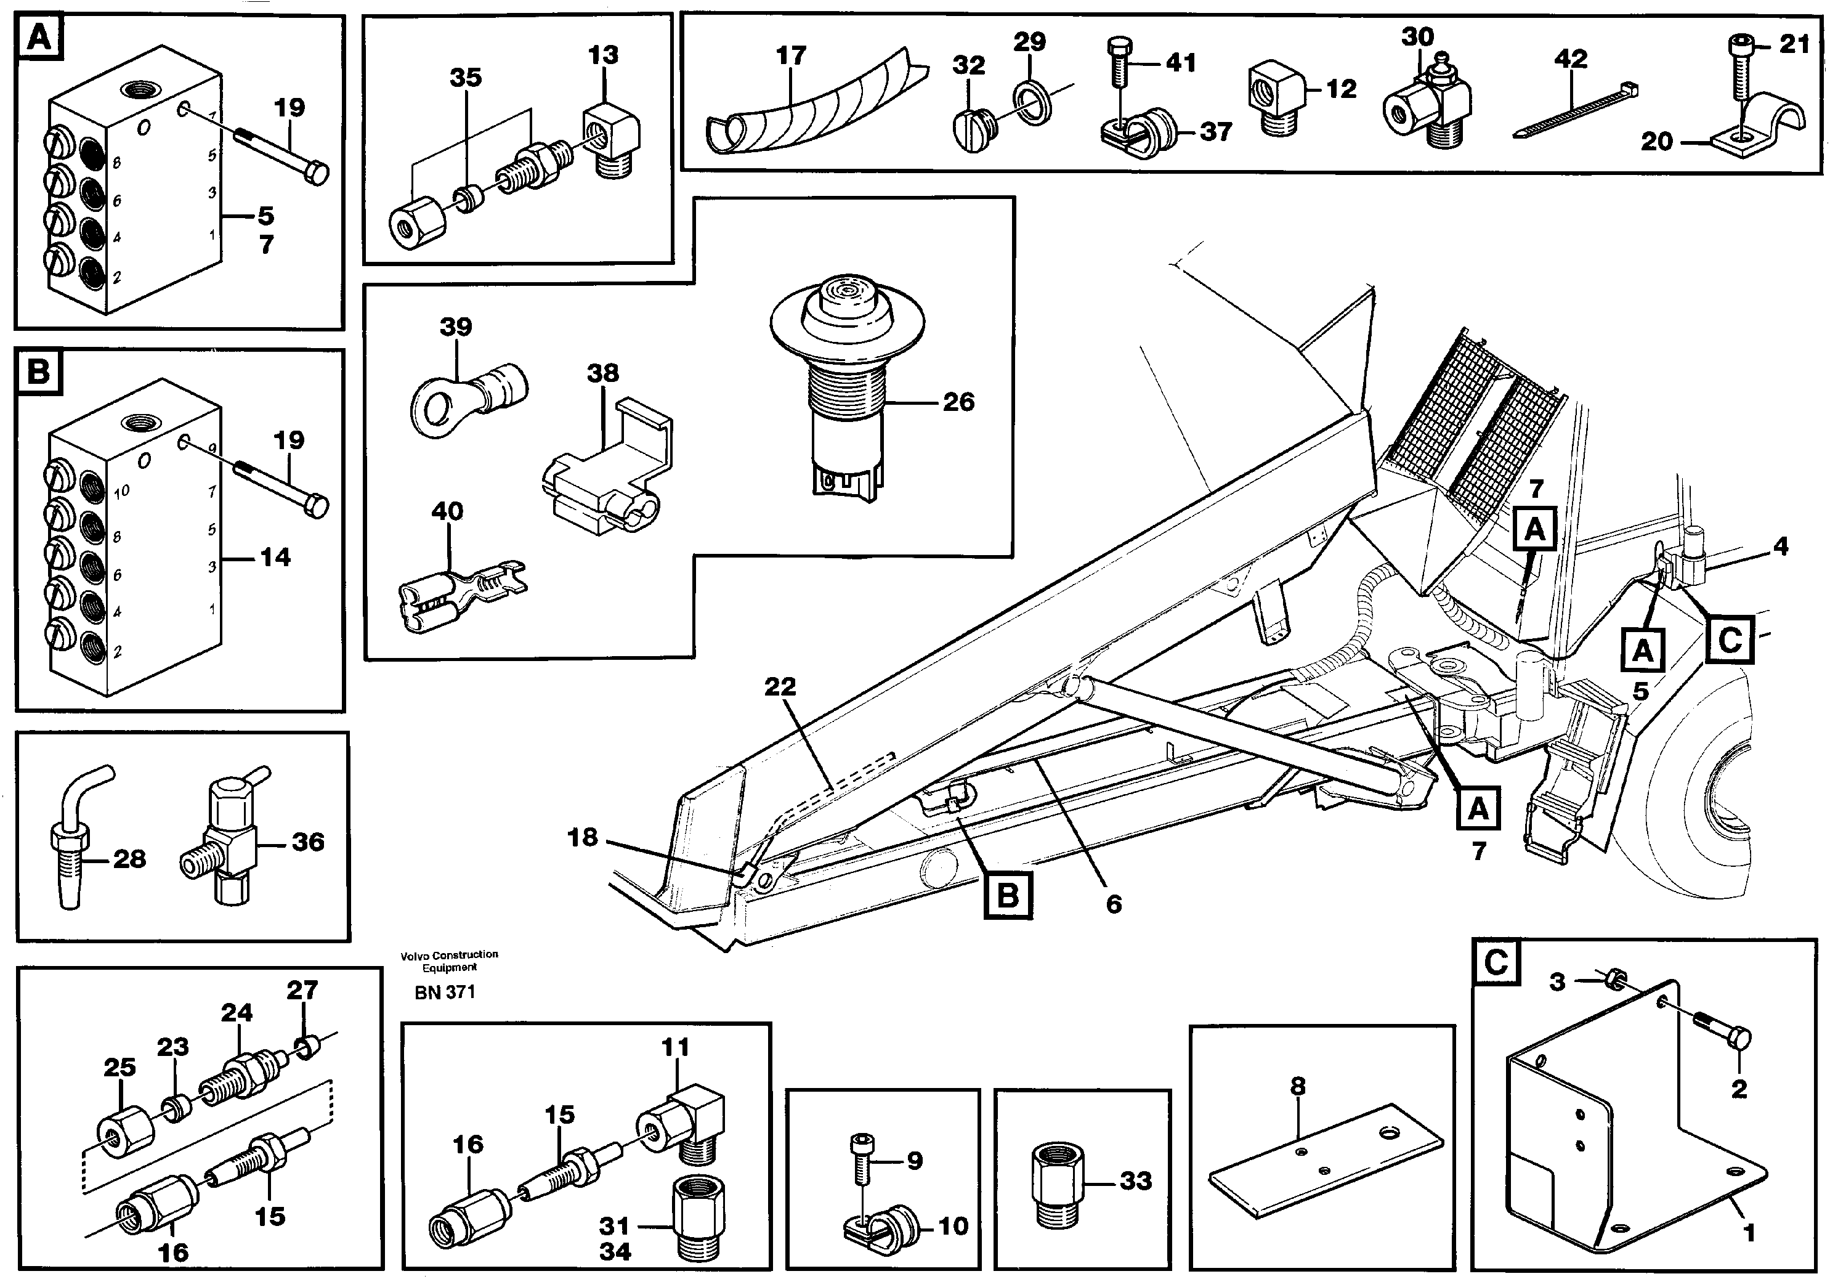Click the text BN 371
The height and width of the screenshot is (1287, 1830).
pos(445,993)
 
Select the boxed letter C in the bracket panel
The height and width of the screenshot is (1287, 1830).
pos(1496,962)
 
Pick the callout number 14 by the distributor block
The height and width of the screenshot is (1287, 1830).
pos(275,558)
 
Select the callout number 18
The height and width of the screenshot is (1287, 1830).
pos(582,837)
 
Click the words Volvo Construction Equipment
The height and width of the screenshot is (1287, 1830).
pos(450,961)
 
